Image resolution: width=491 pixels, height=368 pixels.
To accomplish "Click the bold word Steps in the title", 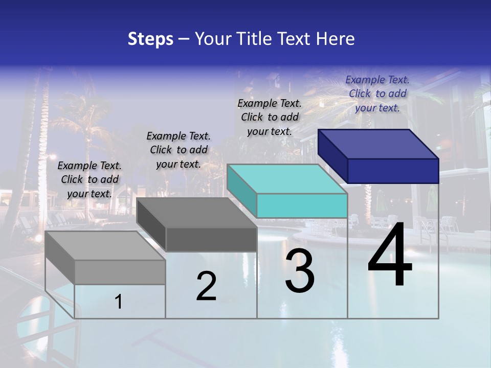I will pyautogui.click(x=150, y=39).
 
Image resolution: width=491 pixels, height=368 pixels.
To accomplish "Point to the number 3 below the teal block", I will pyautogui.click(x=300, y=272).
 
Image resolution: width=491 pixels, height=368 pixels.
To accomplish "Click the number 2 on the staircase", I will pyautogui.click(x=206, y=286).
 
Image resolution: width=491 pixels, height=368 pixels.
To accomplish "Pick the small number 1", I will pyautogui.click(x=119, y=302).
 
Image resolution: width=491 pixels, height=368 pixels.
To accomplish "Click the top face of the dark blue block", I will pyautogui.click(x=378, y=144).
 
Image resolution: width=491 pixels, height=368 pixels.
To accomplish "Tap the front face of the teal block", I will pyautogui.click(x=302, y=205).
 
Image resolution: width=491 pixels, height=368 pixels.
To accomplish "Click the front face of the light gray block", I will pyautogui.click(x=120, y=272).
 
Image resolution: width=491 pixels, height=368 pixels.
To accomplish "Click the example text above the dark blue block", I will pyautogui.click(x=377, y=94).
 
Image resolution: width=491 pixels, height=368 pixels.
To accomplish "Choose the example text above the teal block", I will pyautogui.click(x=270, y=117).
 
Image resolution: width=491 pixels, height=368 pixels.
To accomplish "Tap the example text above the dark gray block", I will pyautogui.click(x=178, y=150).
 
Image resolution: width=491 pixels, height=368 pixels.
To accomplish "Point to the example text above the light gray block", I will pyautogui.click(x=90, y=179).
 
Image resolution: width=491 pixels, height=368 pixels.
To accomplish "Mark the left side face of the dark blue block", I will pyautogui.click(x=332, y=156).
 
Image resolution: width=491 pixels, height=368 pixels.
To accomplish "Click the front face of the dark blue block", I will pyautogui.click(x=393, y=171).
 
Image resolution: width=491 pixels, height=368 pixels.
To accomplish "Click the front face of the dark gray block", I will pyautogui.click(x=211, y=239).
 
